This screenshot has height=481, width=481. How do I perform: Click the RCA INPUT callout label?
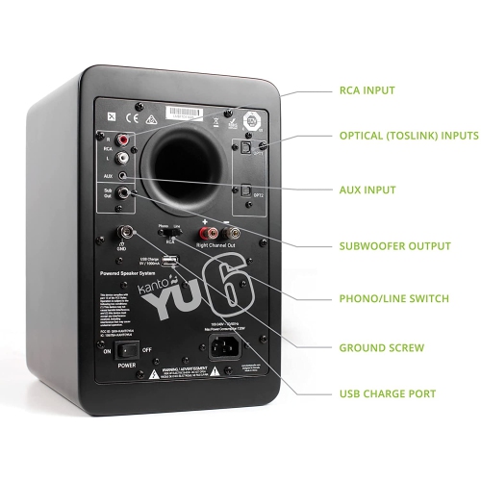point(367,91)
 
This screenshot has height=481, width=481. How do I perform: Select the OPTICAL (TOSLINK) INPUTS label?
point(407,136)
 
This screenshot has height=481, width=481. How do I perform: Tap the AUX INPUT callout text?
point(367,191)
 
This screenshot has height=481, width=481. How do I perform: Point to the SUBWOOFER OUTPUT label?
point(392,246)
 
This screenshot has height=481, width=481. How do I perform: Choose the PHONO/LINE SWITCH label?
point(393,298)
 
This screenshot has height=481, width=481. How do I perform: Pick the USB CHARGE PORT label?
point(387,393)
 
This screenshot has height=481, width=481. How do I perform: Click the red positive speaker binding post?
point(205,233)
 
